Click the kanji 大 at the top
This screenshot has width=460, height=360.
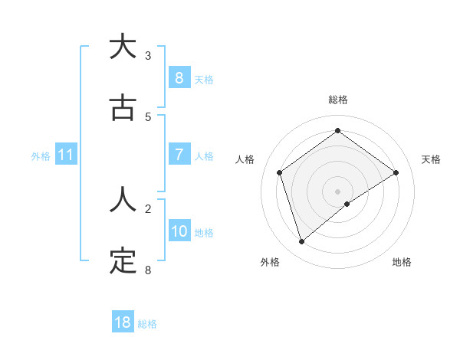tap(123, 47)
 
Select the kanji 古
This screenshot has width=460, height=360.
tap(123, 108)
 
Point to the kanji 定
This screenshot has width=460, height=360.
tap(123, 261)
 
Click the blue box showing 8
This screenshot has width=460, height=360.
tap(179, 77)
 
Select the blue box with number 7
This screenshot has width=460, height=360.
tap(179, 155)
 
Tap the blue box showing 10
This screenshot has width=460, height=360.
tap(179, 231)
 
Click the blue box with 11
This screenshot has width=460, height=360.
tap(65, 155)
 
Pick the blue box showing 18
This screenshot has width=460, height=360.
tap(123, 322)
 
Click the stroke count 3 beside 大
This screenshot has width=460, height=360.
tap(148, 56)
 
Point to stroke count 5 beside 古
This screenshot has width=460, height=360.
tap(148, 116)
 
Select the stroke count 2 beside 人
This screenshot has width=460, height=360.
tap(148, 208)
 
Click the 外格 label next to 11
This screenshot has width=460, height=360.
tap(41, 155)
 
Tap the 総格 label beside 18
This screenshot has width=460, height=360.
tap(148, 323)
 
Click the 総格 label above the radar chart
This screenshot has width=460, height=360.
tap(337, 100)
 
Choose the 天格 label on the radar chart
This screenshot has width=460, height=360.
tap(431, 159)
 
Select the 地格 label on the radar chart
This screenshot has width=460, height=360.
tap(402, 262)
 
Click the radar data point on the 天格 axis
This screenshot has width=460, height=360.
tap(396, 172)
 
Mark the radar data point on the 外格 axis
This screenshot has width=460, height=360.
tap(301, 242)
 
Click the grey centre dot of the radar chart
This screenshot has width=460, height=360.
tap(337, 191)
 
